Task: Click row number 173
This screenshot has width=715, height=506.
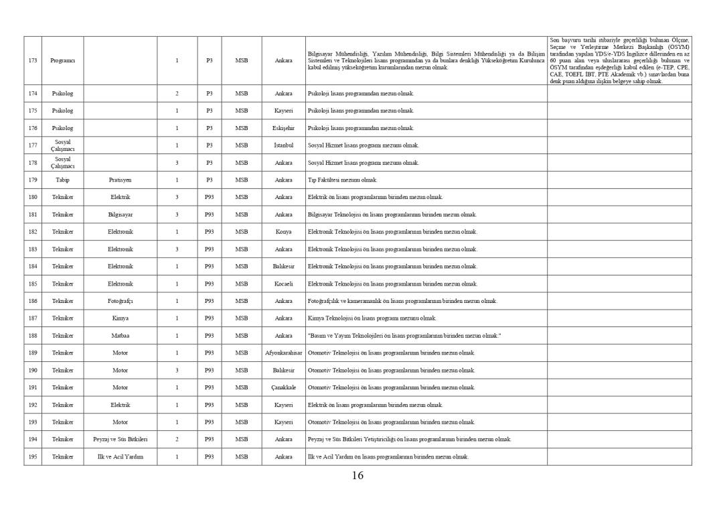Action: point(33,60)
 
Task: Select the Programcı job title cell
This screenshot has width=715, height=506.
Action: point(62,60)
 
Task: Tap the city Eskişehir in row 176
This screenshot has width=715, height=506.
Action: point(283,128)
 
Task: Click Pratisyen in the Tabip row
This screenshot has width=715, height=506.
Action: point(121,180)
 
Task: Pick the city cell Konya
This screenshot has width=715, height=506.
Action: point(283,232)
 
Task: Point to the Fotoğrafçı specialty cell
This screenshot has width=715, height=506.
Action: point(121,301)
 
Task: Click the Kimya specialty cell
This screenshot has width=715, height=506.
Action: point(121,318)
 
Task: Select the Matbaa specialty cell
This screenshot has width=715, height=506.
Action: point(121,336)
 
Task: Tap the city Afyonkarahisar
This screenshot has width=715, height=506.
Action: point(284,353)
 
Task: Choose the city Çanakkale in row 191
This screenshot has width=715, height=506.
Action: point(283,387)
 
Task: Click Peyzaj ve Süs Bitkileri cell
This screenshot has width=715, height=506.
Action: point(121,439)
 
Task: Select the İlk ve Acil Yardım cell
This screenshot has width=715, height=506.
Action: point(121,456)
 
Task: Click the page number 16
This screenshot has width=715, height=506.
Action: point(357,476)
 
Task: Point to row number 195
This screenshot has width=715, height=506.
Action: point(33,456)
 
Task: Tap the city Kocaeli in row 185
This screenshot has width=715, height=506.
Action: point(283,283)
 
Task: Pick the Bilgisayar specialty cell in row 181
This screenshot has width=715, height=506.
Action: point(121,214)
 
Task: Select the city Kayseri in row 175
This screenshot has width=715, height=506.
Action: point(283,111)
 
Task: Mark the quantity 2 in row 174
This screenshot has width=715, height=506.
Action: point(177,93)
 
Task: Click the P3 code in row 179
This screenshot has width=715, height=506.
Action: point(209,180)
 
